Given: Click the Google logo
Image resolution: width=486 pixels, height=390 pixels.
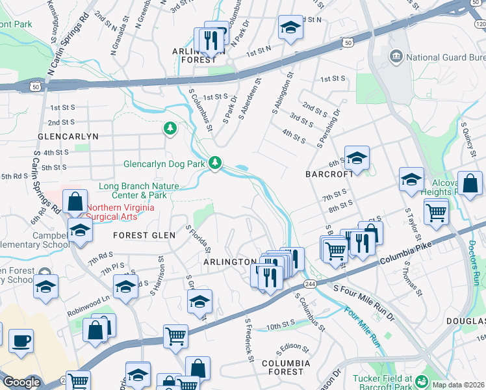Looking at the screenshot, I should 21,382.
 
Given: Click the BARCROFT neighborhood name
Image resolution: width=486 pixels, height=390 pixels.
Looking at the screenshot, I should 329,174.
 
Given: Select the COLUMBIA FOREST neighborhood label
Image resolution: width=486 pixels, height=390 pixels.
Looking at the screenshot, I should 283,367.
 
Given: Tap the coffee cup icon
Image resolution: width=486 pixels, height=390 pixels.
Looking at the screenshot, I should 21,341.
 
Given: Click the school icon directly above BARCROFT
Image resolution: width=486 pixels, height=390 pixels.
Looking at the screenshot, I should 357,158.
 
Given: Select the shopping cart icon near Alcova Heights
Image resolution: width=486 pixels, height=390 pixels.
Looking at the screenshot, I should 436,211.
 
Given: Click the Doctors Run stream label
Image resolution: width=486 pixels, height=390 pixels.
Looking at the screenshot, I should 473,261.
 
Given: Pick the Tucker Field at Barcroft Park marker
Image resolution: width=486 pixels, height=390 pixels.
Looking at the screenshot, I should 423,382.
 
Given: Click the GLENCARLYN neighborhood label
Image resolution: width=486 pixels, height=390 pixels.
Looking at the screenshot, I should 68,137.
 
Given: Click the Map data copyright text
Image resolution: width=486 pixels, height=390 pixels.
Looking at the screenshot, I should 457,384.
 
